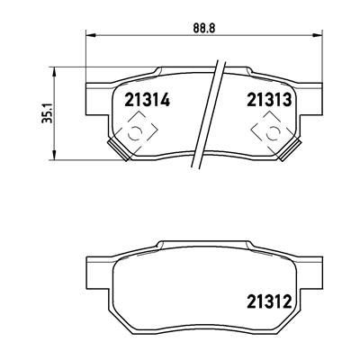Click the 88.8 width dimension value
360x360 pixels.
pyautogui.click(x=204, y=28)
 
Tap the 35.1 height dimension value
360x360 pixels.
pyautogui.click(x=48, y=112)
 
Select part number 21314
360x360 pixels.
pyautogui.click(x=147, y=100)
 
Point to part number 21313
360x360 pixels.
pyautogui.click(x=269, y=100)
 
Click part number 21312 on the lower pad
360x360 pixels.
pyautogui.click(x=269, y=301)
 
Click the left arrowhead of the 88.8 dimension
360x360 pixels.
pyautogui.click(x=91, y=35)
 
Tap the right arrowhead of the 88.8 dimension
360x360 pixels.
pyautogui.click(x=317, y=35)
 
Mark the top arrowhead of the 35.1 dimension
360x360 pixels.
pyautogui.click(x=54, y=72)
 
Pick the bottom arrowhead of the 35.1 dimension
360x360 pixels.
pyautogui.click(x=54, y=155)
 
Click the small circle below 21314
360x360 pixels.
pyautogui.click(x=135, y=133)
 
